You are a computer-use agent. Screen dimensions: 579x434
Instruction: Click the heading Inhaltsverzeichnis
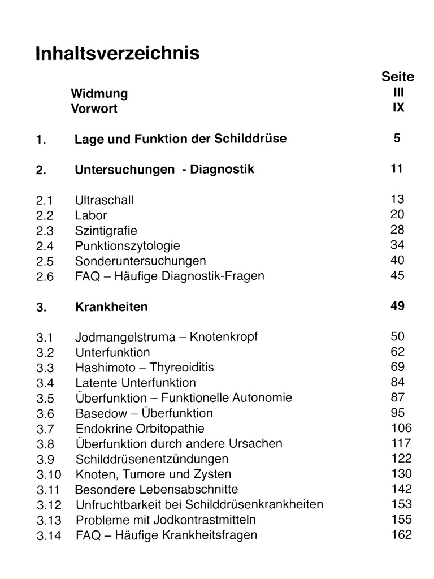[x=118, y=53]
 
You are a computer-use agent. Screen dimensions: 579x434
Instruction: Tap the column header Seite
[x=398, y=77]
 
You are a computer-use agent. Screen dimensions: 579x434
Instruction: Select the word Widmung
[x=99, y=93]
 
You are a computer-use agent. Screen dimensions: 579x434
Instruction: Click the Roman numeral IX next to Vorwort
[x=398, y=107]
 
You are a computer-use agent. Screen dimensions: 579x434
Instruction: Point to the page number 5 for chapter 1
[x=397, y=138]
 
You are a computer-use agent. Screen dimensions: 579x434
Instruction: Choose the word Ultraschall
[x=104, y=200]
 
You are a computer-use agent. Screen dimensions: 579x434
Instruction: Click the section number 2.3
[x=44, y=231]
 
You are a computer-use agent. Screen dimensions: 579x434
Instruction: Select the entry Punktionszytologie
[x=128, y=246]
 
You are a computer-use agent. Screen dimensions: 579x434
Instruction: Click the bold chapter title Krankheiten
[x=111, y=307]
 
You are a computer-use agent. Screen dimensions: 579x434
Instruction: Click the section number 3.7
[x=45, y=429]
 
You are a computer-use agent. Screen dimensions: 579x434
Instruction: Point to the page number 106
[x=401, y=428]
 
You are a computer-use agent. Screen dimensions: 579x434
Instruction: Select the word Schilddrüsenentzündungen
[x=152, y=459]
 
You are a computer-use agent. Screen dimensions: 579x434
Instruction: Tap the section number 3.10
[x=47, y=474]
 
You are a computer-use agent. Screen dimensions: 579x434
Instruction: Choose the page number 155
[x=401, y=520]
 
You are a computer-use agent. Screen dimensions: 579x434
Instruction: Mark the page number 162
[x=401, y=534]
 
